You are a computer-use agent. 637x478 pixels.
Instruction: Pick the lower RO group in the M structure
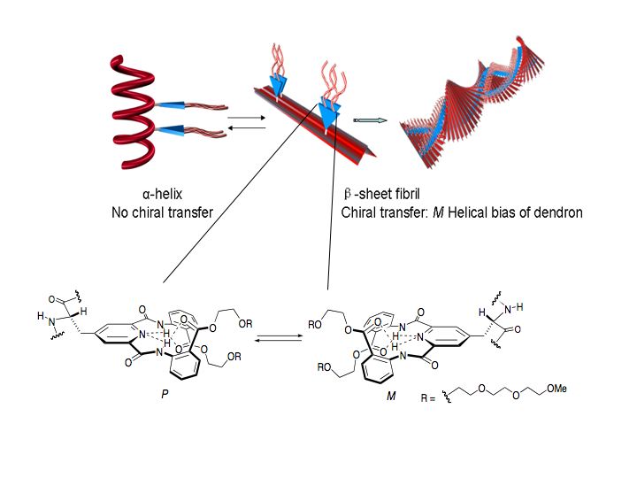pyautogui.click(x=324, y=368)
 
